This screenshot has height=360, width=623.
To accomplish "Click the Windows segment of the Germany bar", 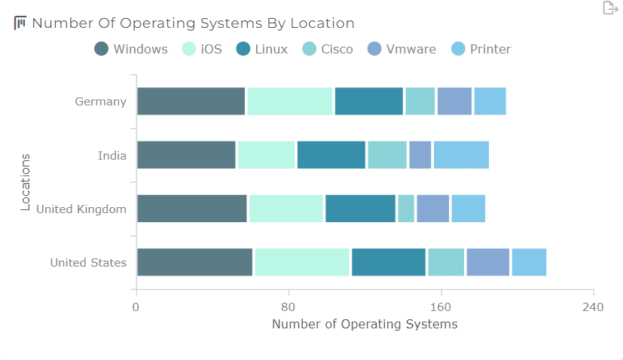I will click(191, 102).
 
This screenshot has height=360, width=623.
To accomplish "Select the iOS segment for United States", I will click(302, 262).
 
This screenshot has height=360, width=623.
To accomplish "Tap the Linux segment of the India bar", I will click(331, 155).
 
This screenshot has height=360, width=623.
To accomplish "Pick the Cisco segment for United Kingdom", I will click(406, 209).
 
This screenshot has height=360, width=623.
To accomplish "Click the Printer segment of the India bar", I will click(461, 155).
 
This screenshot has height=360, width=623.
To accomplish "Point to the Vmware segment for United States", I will click(487, 262).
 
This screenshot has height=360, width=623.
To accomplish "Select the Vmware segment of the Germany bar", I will click(454, 102).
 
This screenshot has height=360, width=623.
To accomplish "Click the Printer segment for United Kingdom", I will click(468, 209).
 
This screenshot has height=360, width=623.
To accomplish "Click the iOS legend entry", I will click(202, 50).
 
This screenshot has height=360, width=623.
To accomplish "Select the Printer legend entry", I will click(481, 50).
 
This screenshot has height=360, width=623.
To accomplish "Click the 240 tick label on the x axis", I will click(593, 307).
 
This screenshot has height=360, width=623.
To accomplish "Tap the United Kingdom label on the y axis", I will click(81, 209).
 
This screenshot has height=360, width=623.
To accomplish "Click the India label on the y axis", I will click(111, 156).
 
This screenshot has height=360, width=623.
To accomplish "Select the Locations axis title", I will click(26, 182).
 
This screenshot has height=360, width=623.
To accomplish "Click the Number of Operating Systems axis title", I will click(365, 325).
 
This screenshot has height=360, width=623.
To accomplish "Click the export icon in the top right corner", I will click(609, 8).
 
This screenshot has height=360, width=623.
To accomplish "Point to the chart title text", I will click(193, 23).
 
